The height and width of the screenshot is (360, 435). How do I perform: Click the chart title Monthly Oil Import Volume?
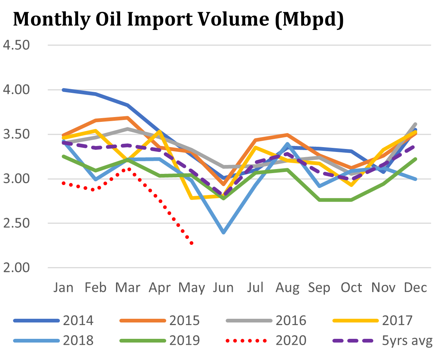(178, 20)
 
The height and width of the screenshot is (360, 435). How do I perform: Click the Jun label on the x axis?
(223, 288)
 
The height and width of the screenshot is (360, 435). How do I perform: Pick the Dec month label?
(415, 288)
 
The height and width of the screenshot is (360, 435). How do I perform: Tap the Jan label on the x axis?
(64, 288)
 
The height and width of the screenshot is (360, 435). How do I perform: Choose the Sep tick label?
(319, 288)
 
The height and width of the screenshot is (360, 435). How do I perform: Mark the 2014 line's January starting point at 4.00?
(64, 90)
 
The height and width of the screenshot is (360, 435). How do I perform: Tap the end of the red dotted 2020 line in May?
(191, 244)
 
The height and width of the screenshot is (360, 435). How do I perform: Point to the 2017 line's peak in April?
(160, 131)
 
